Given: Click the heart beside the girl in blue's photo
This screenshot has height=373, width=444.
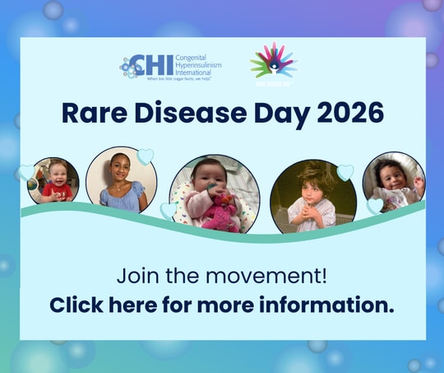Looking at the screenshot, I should (x=146, y=156).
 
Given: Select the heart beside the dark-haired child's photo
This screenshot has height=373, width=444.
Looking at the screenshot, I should (x=345, y=172).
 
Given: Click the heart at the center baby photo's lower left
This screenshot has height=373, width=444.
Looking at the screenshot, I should (x=169, y=211).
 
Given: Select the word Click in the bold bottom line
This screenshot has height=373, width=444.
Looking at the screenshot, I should (x=75, y=305).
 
